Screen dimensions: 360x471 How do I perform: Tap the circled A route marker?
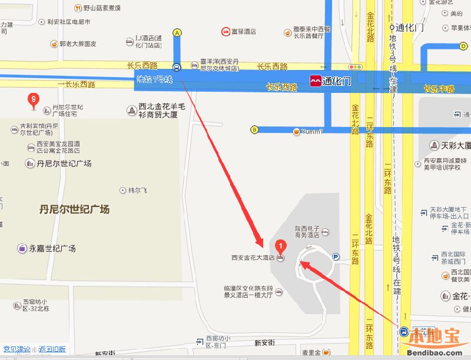click(177, 34)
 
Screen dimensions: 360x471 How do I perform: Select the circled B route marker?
click(255, 129)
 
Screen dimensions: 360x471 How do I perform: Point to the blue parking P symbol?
click(336, 256)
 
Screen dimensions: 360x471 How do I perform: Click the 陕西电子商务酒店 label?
click(307, 231)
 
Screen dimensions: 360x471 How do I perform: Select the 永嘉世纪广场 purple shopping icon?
click(22, 248)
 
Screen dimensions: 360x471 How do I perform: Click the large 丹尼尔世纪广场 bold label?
click(74, 209)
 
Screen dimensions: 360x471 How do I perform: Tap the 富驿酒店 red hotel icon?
click(225, 31)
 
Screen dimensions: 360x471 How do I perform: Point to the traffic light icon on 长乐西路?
click(355, 68)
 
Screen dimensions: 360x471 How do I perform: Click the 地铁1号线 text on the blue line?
click(154, 79)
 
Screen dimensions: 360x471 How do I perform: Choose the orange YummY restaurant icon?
click(297, 131)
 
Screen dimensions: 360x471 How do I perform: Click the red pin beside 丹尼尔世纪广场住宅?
click(34, 101)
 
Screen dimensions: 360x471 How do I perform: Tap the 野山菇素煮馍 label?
click(102, 8)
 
